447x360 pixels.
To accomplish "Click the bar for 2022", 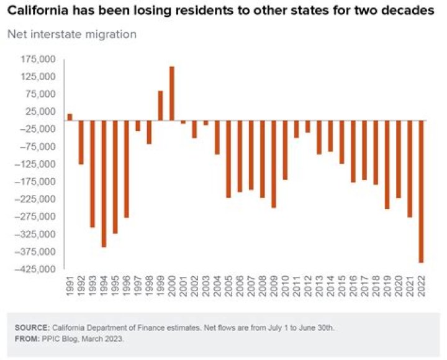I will click(421, 191).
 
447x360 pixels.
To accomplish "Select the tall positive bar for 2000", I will click(172, 93).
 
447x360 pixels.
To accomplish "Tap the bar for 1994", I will click(104, 184).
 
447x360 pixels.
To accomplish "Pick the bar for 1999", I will click(160, 106).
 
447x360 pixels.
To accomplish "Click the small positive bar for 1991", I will click(70, 117).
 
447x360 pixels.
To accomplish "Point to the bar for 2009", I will click(273, 164).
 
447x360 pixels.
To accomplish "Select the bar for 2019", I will click(387, 164).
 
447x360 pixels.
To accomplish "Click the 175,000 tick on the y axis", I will click(38, 60).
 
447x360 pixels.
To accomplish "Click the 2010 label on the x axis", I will click(285, 285).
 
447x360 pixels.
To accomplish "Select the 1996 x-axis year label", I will click(127, 285).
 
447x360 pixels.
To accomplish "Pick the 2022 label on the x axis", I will click(421, 285).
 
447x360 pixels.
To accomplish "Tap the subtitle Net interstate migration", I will click(71, 34).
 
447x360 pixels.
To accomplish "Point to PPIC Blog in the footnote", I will click(60, 338).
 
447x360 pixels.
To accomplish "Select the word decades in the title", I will click(413, 12).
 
